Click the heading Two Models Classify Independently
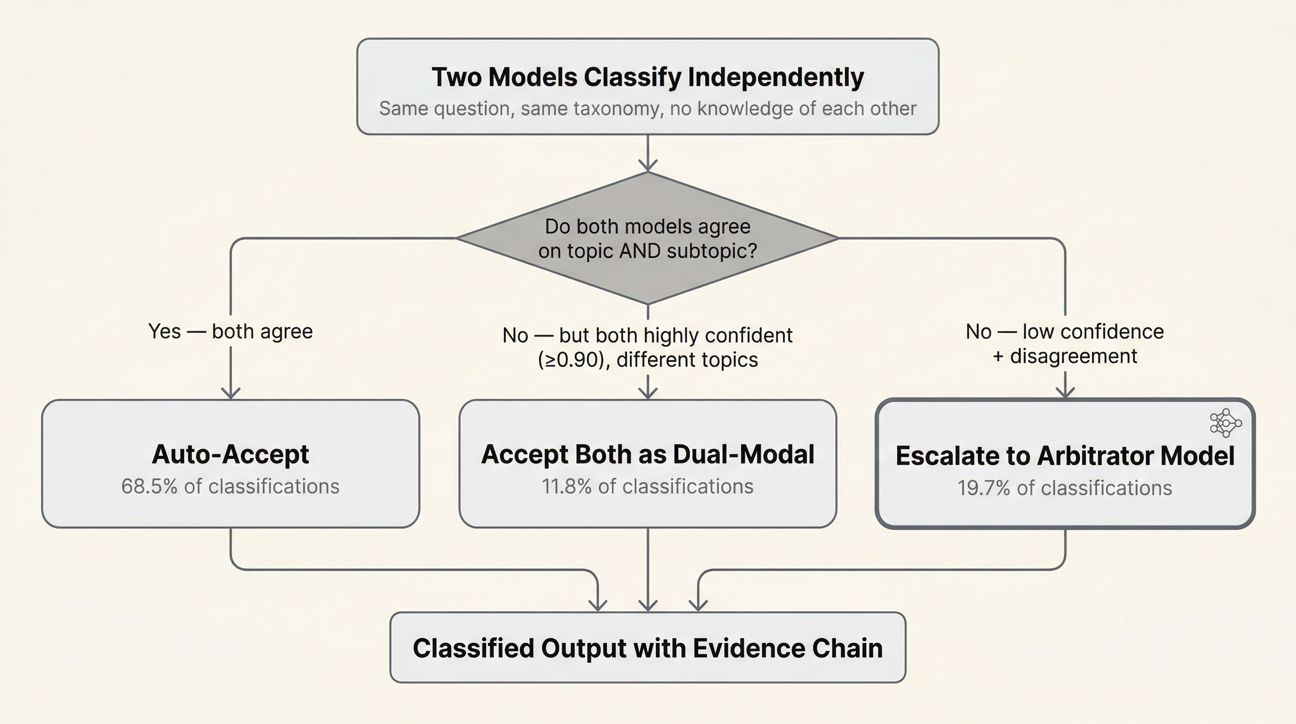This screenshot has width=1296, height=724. click(x=648, y=77)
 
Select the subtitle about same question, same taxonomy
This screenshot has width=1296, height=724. click(x=648, y=109)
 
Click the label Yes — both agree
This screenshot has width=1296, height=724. click(x=230, y=331)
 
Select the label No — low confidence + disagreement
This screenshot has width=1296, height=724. click(x=1065, y=343)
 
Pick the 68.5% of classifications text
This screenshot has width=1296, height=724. click(x=230, y=486)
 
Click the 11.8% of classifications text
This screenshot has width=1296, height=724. click(x=648, y=486)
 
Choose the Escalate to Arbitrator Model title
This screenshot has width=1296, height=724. click(x=1065, y=456)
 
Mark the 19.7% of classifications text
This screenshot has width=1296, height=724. click(x=1065, y=488)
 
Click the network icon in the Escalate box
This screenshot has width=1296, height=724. click(x=1225, y=423)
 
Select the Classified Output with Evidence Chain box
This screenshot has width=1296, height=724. click(x=648, y=648)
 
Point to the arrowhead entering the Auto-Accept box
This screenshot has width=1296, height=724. click(x=230, y=393)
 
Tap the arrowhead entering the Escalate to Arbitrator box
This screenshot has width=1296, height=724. click(x=1065, y=392)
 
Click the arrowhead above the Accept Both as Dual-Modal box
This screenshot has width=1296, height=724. click(x=648, y=393)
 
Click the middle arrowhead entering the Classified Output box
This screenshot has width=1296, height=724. click(x=648, y=605)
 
